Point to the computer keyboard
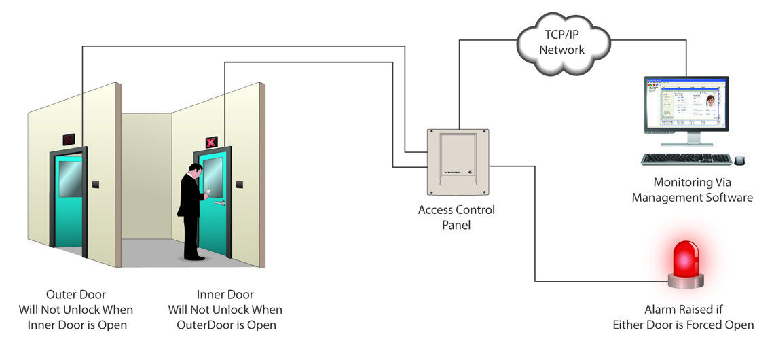[686, 158]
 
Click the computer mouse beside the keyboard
[740, 160]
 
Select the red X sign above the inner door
[211, 142]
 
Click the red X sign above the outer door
[69, 139]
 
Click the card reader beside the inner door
[240, 184]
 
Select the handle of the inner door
[219, 202]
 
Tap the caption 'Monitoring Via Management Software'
[692, 190]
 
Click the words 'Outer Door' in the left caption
[75, 295]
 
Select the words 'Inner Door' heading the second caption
[225, 295]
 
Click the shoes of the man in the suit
[195, 257]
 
